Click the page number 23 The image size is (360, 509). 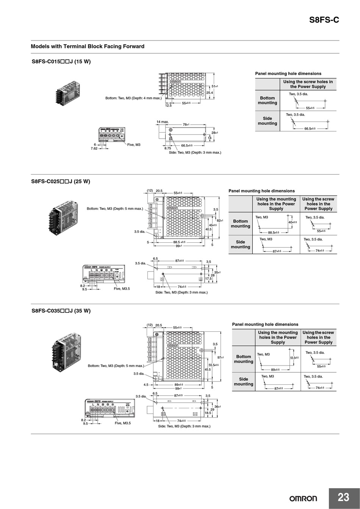[343, 497]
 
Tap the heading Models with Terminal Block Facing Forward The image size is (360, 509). [88, 47]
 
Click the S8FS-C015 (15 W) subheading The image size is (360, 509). [61, 62]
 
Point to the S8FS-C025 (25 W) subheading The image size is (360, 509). [61, 181]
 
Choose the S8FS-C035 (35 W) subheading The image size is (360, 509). [61, 311]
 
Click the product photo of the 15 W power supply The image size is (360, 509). [67, 92]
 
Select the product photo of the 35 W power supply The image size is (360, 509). [66, 352]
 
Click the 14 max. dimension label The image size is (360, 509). [163, 122]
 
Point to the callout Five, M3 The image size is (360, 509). [133, 145]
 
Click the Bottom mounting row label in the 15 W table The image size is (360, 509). [268, 100]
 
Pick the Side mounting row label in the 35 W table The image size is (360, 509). [243, 381]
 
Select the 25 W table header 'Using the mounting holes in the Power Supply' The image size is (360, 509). [276, 204]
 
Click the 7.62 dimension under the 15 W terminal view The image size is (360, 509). [94, 148]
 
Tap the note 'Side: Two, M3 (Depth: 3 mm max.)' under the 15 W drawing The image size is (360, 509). [195, 152]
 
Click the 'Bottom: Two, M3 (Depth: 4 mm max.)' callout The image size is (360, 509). [133, 98]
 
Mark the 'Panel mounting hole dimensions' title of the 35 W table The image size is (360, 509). [265, 325]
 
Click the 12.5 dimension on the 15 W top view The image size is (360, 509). [168, 106]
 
